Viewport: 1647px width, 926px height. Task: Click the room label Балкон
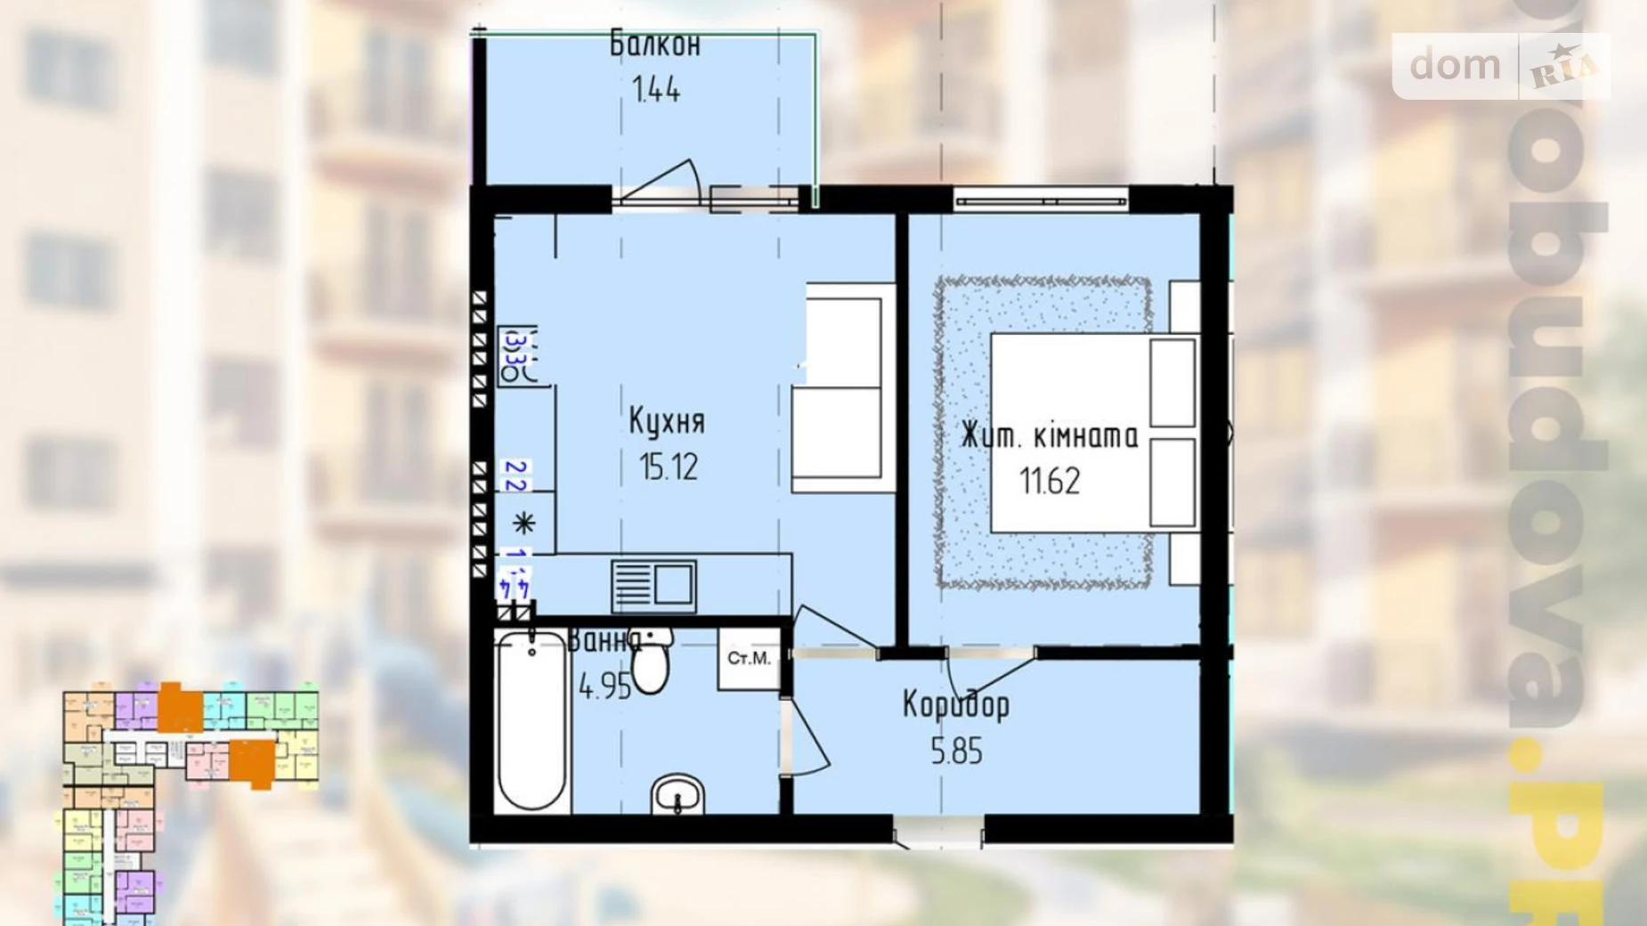655,44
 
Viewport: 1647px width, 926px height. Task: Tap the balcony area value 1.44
655,90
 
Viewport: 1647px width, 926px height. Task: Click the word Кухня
667,421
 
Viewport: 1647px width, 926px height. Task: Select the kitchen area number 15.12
668,467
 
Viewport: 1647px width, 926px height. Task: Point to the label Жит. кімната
1050,436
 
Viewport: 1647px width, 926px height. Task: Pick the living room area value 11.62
1050,482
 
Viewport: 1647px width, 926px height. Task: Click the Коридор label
956,705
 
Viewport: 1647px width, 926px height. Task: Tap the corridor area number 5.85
956,751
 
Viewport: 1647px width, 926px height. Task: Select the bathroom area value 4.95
604,686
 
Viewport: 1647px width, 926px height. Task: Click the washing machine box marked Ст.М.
749,659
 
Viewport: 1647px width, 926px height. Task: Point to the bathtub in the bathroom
531,721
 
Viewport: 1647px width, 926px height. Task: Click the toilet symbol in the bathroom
651,663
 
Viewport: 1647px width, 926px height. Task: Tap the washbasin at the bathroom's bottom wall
677,795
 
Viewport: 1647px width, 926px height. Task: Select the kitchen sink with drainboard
653,585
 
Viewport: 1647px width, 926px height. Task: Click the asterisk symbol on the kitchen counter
523,523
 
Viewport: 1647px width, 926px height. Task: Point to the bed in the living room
1093,434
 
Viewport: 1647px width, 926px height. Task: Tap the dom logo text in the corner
1455,65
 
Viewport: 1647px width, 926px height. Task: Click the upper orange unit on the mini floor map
180,708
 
